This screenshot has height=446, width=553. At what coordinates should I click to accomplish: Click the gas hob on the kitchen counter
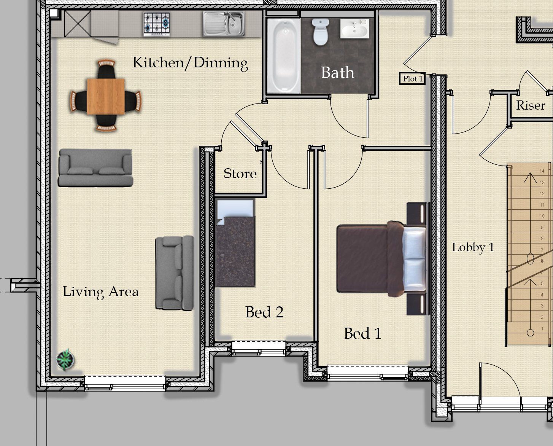pyautogui.click(x=157, y=24)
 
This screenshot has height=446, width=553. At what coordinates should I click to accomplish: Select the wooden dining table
pyautogui.click(x=106, y=96)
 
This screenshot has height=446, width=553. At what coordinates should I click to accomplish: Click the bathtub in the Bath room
pyautogui.click(x=284, y=56)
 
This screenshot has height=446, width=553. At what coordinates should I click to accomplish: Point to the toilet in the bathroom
pyautogui.click(x=320, y=32)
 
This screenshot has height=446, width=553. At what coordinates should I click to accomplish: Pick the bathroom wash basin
pyautogui.click(x=354, y=28)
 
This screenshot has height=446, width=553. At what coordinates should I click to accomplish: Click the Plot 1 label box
pyautogui.click(x=412, y=78)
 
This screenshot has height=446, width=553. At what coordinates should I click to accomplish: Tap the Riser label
pyautogui.click(x=531, y=105)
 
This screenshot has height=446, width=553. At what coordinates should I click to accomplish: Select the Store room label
pyautogui.click(x=240, y=174)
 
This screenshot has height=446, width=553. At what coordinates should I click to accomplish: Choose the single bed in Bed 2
pyautogui.click(x=235, y=243)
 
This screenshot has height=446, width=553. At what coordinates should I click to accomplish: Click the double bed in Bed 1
pyautogui.click(x=381, y=258)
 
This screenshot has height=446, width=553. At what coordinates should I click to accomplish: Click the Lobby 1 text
pyautogui.click(x=473, y=247)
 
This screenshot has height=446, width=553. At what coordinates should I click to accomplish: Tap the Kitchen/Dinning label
pyautogui.click(x=191, y=63)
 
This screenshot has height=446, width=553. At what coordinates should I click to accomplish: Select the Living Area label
pyautogui.click(x=101, y=292)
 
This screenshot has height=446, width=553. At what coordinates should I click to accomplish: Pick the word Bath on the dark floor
pyautogui.click(x=338, y=72)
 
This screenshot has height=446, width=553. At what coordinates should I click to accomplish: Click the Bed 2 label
pyautogui.click(x=264, y=312)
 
